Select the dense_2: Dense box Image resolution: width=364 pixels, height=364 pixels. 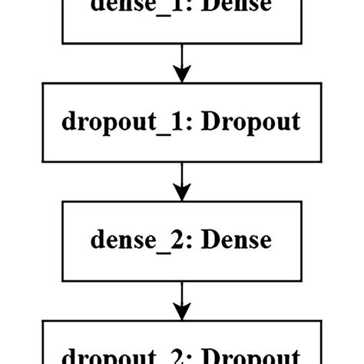coord(181,240)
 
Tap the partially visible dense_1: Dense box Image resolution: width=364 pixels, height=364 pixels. coord(181,19)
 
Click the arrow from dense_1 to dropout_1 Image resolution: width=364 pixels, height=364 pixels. coord(181,61)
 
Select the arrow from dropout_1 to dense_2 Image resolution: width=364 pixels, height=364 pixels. coord(181,180)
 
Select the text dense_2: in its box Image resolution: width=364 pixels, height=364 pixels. coord(139,240)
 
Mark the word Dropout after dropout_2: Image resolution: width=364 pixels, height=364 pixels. coord(251,356)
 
